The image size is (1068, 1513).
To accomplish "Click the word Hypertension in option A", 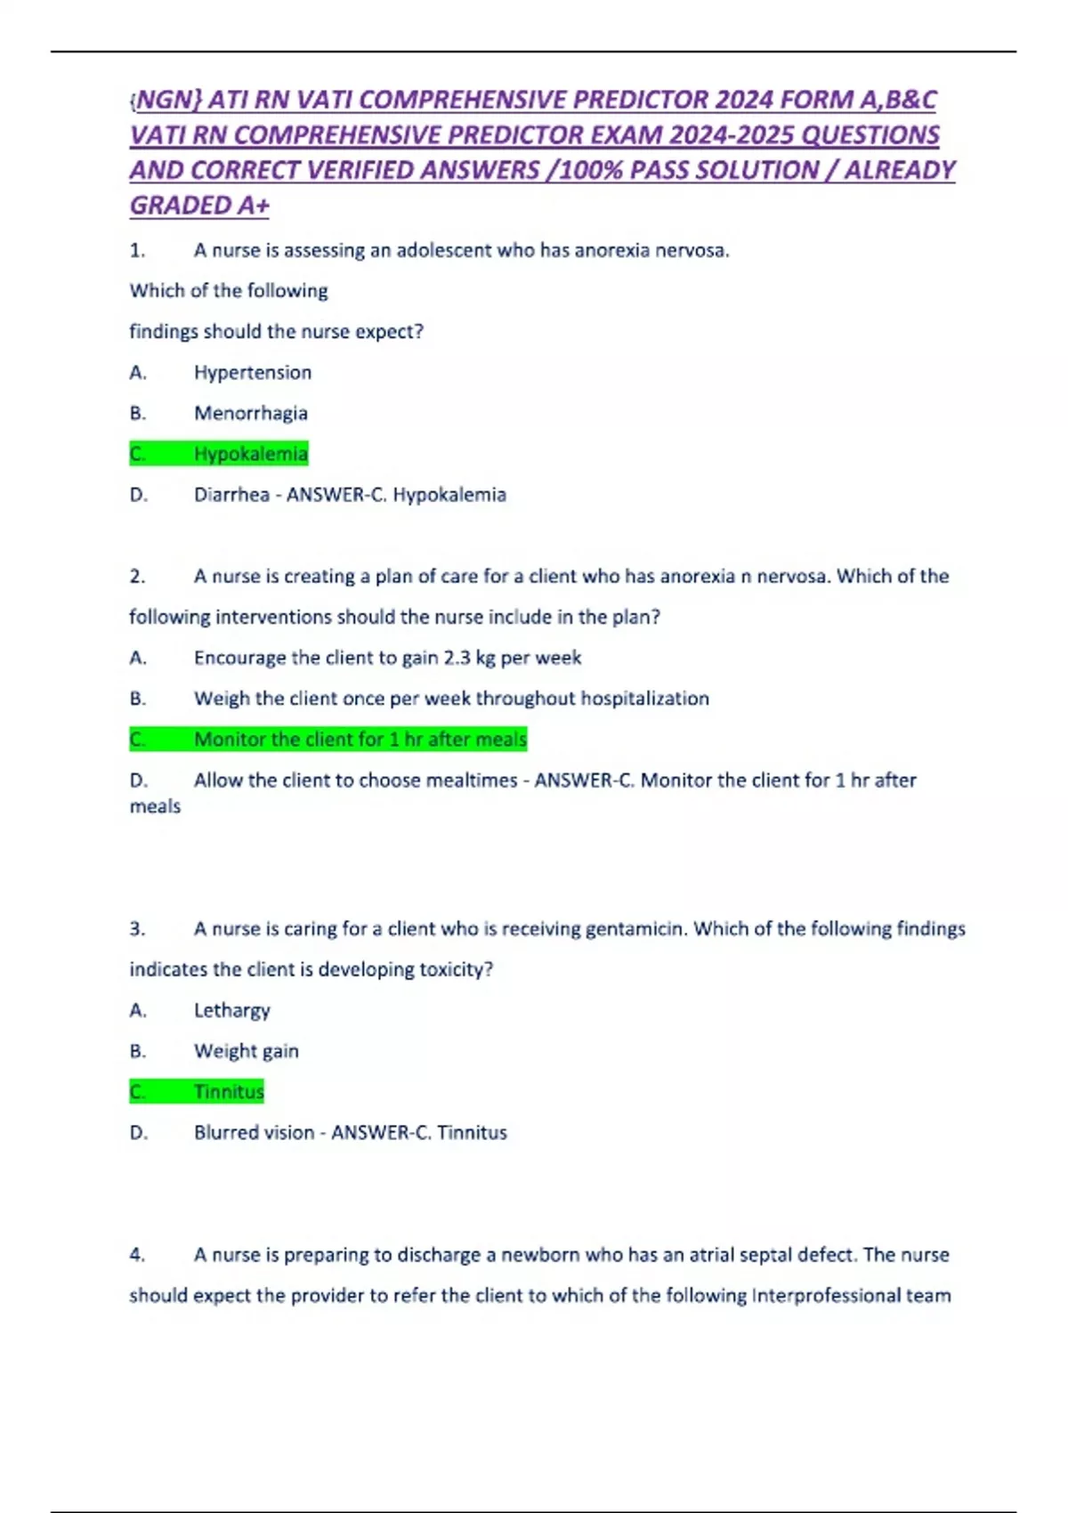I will point(253,372).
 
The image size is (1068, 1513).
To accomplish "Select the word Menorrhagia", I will point(251,413).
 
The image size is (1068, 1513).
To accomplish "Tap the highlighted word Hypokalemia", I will point(251,454).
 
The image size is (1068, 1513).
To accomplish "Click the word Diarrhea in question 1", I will point(231,495).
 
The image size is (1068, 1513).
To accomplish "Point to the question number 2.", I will point(137,577).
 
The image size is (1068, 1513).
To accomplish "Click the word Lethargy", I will point(231,1010).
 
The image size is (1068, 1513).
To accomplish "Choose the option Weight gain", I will point(247,1051).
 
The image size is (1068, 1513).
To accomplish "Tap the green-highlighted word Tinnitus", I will point(230,1092).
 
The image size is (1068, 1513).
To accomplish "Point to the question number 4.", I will point(137,1255).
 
